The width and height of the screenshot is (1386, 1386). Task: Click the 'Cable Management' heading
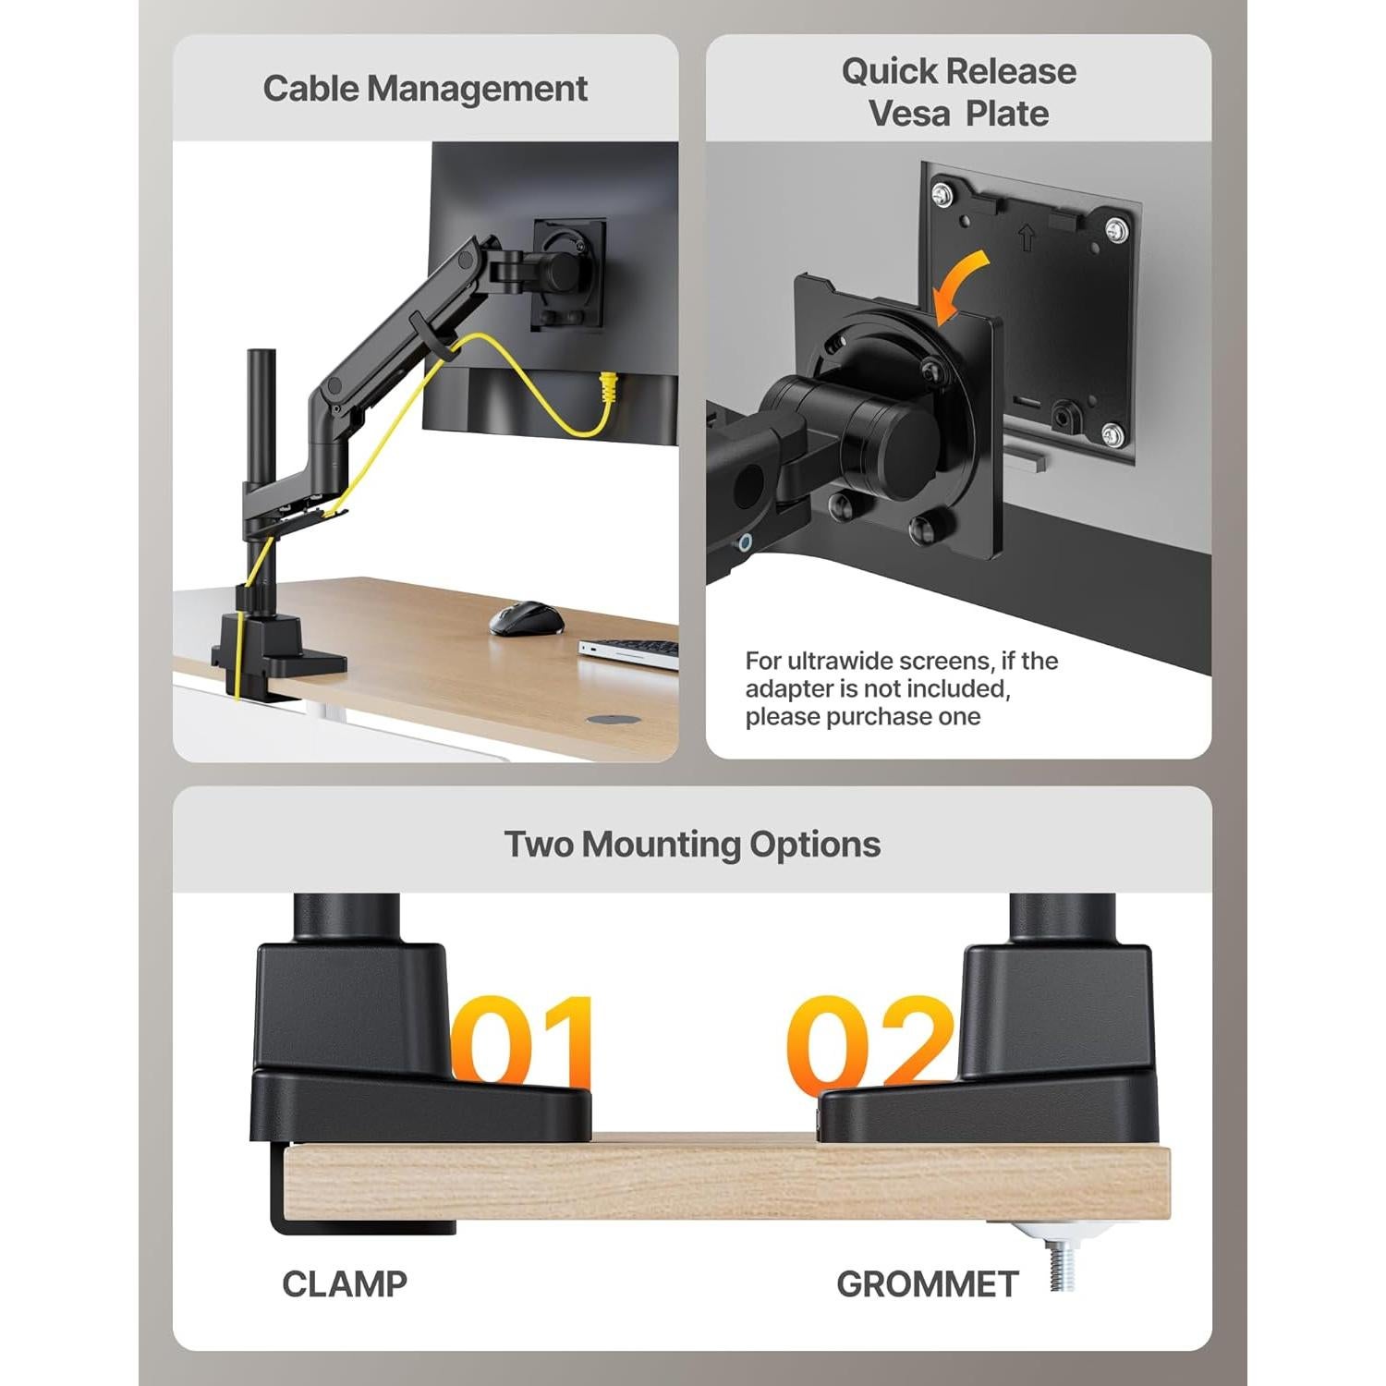coord(425,89)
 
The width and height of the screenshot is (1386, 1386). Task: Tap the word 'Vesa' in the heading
coord(910,114)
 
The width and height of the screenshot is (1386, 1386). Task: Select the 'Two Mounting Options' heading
coord(692,845)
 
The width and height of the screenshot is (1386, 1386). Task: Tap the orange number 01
coord(522,1041)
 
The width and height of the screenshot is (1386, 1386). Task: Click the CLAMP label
coord(345,1283)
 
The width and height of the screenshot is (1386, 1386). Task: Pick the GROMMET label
coord(927,1283)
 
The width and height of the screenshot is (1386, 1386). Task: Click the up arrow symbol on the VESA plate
coord(1026,238)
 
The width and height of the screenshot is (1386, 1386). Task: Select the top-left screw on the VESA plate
coord(941,195)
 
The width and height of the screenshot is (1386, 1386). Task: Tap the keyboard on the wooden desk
coord(629,652)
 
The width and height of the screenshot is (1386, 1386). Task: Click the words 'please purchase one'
coord(863,717)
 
